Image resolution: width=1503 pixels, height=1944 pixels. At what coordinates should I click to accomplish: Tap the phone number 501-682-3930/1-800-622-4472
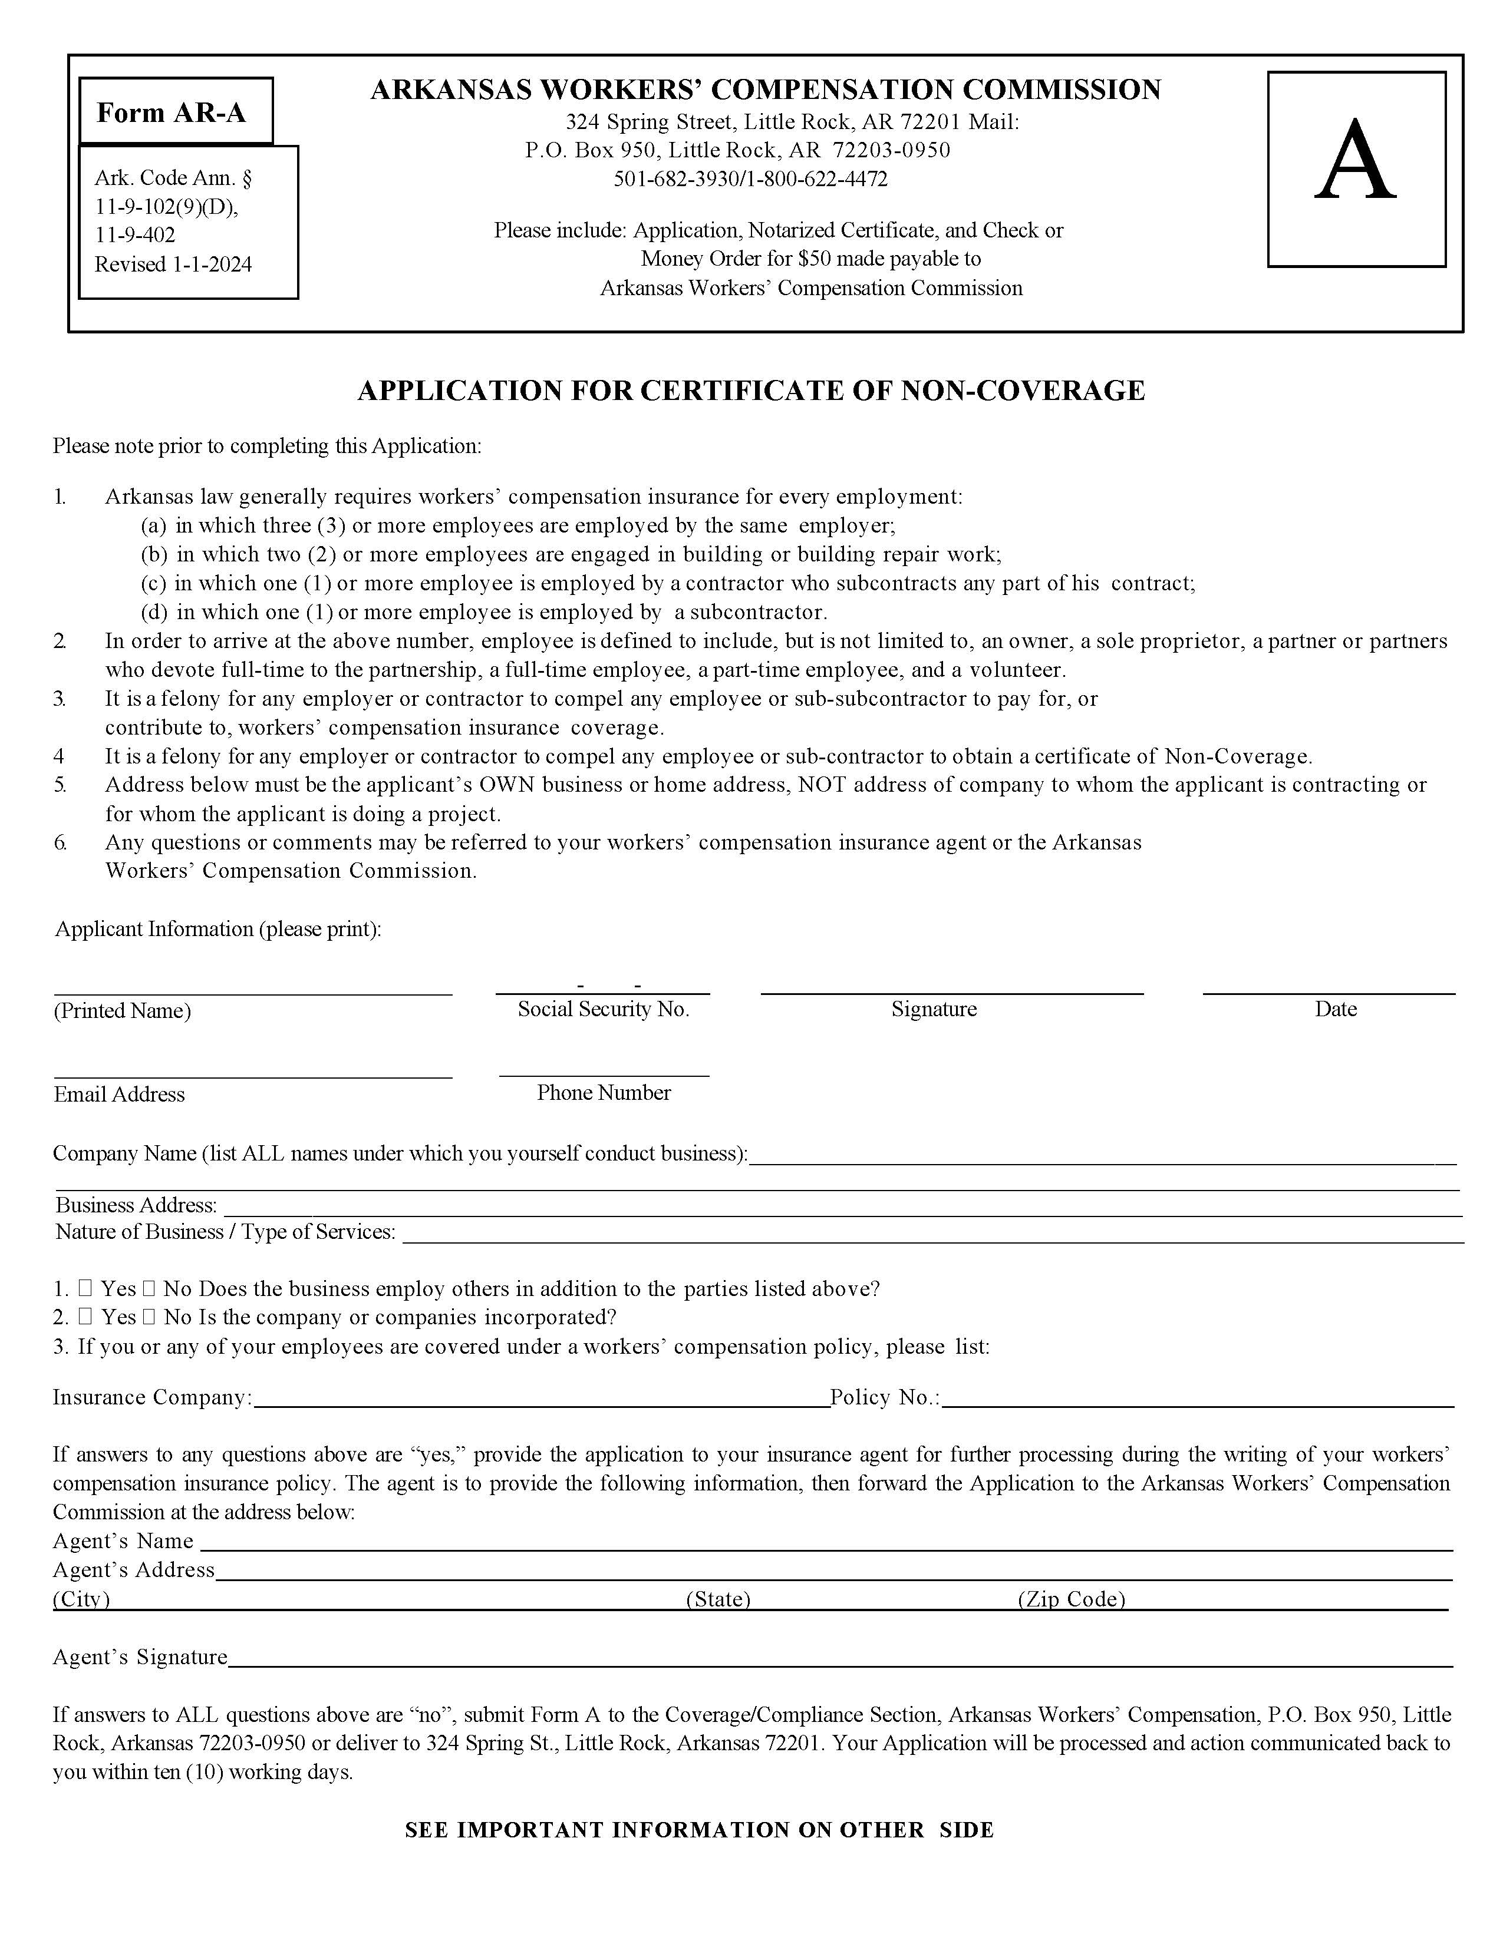pyautogui.click(x=750, y=180)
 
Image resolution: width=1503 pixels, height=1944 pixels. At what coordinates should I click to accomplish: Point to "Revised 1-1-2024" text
pyautogui.click(x=174, y=265)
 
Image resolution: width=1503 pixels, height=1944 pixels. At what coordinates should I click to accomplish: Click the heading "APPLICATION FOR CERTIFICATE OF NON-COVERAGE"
pyautogui.click(x=750, y=391)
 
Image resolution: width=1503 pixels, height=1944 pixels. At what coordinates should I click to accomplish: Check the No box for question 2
pyautogui.click(x=149, y=1317)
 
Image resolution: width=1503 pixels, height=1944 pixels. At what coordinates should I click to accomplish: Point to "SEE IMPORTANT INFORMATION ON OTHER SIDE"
pyautogui.click(x=699, y=1830)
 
